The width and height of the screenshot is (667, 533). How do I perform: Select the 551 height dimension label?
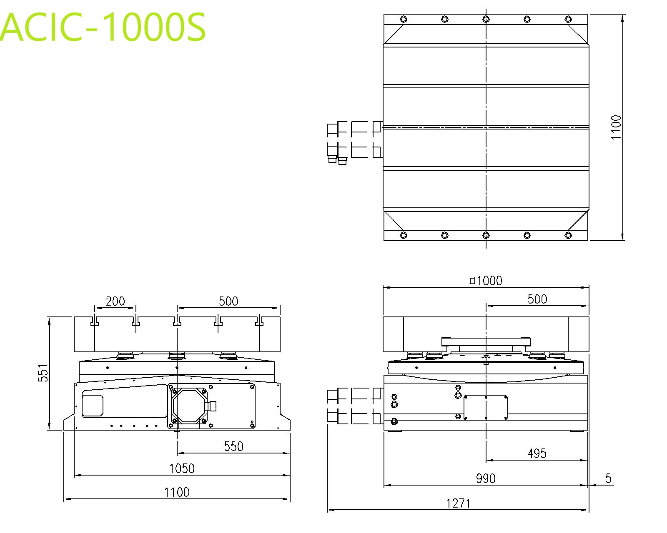[x=43, y=373]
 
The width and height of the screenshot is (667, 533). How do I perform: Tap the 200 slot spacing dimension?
[x=115, y=301]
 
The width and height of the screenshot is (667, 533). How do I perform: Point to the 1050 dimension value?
[x=182, y=468]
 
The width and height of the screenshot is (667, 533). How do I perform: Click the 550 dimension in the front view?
[x=234, y=446]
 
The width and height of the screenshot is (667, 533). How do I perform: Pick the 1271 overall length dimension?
[x=458, y=503]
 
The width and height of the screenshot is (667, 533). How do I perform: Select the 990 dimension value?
[x=486, y=478]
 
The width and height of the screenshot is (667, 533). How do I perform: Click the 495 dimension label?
[x=537, y=454]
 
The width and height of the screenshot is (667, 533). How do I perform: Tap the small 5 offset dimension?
[x=608, y=478]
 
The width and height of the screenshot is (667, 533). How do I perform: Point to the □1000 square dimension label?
[x=486, y=281]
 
